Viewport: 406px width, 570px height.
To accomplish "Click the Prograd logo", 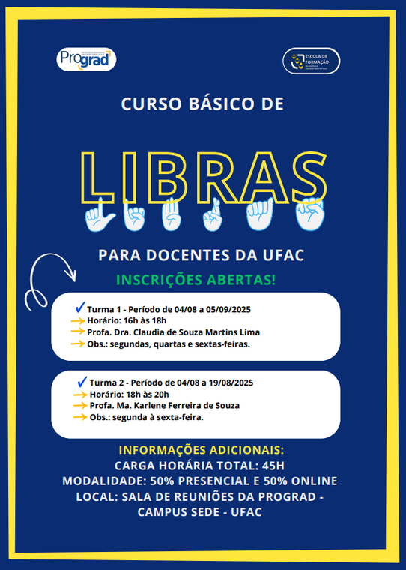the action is click(86, 58).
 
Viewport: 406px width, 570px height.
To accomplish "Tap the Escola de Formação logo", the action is click(312, 61).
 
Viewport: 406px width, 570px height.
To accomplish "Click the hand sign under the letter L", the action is click(97, 217).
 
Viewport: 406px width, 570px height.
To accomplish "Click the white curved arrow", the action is click(49, 277).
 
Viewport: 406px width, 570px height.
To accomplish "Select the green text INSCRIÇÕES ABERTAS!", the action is click(196, 280).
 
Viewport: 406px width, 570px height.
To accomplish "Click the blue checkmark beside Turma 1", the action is click(79, 307).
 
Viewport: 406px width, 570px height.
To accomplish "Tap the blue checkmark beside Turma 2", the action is click(82, 381).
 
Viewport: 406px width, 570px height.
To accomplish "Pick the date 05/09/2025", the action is click(228, 309).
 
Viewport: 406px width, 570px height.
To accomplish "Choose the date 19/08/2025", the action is click(228, 382).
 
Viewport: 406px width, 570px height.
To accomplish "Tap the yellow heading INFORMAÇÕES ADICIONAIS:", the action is click(202, 450).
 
